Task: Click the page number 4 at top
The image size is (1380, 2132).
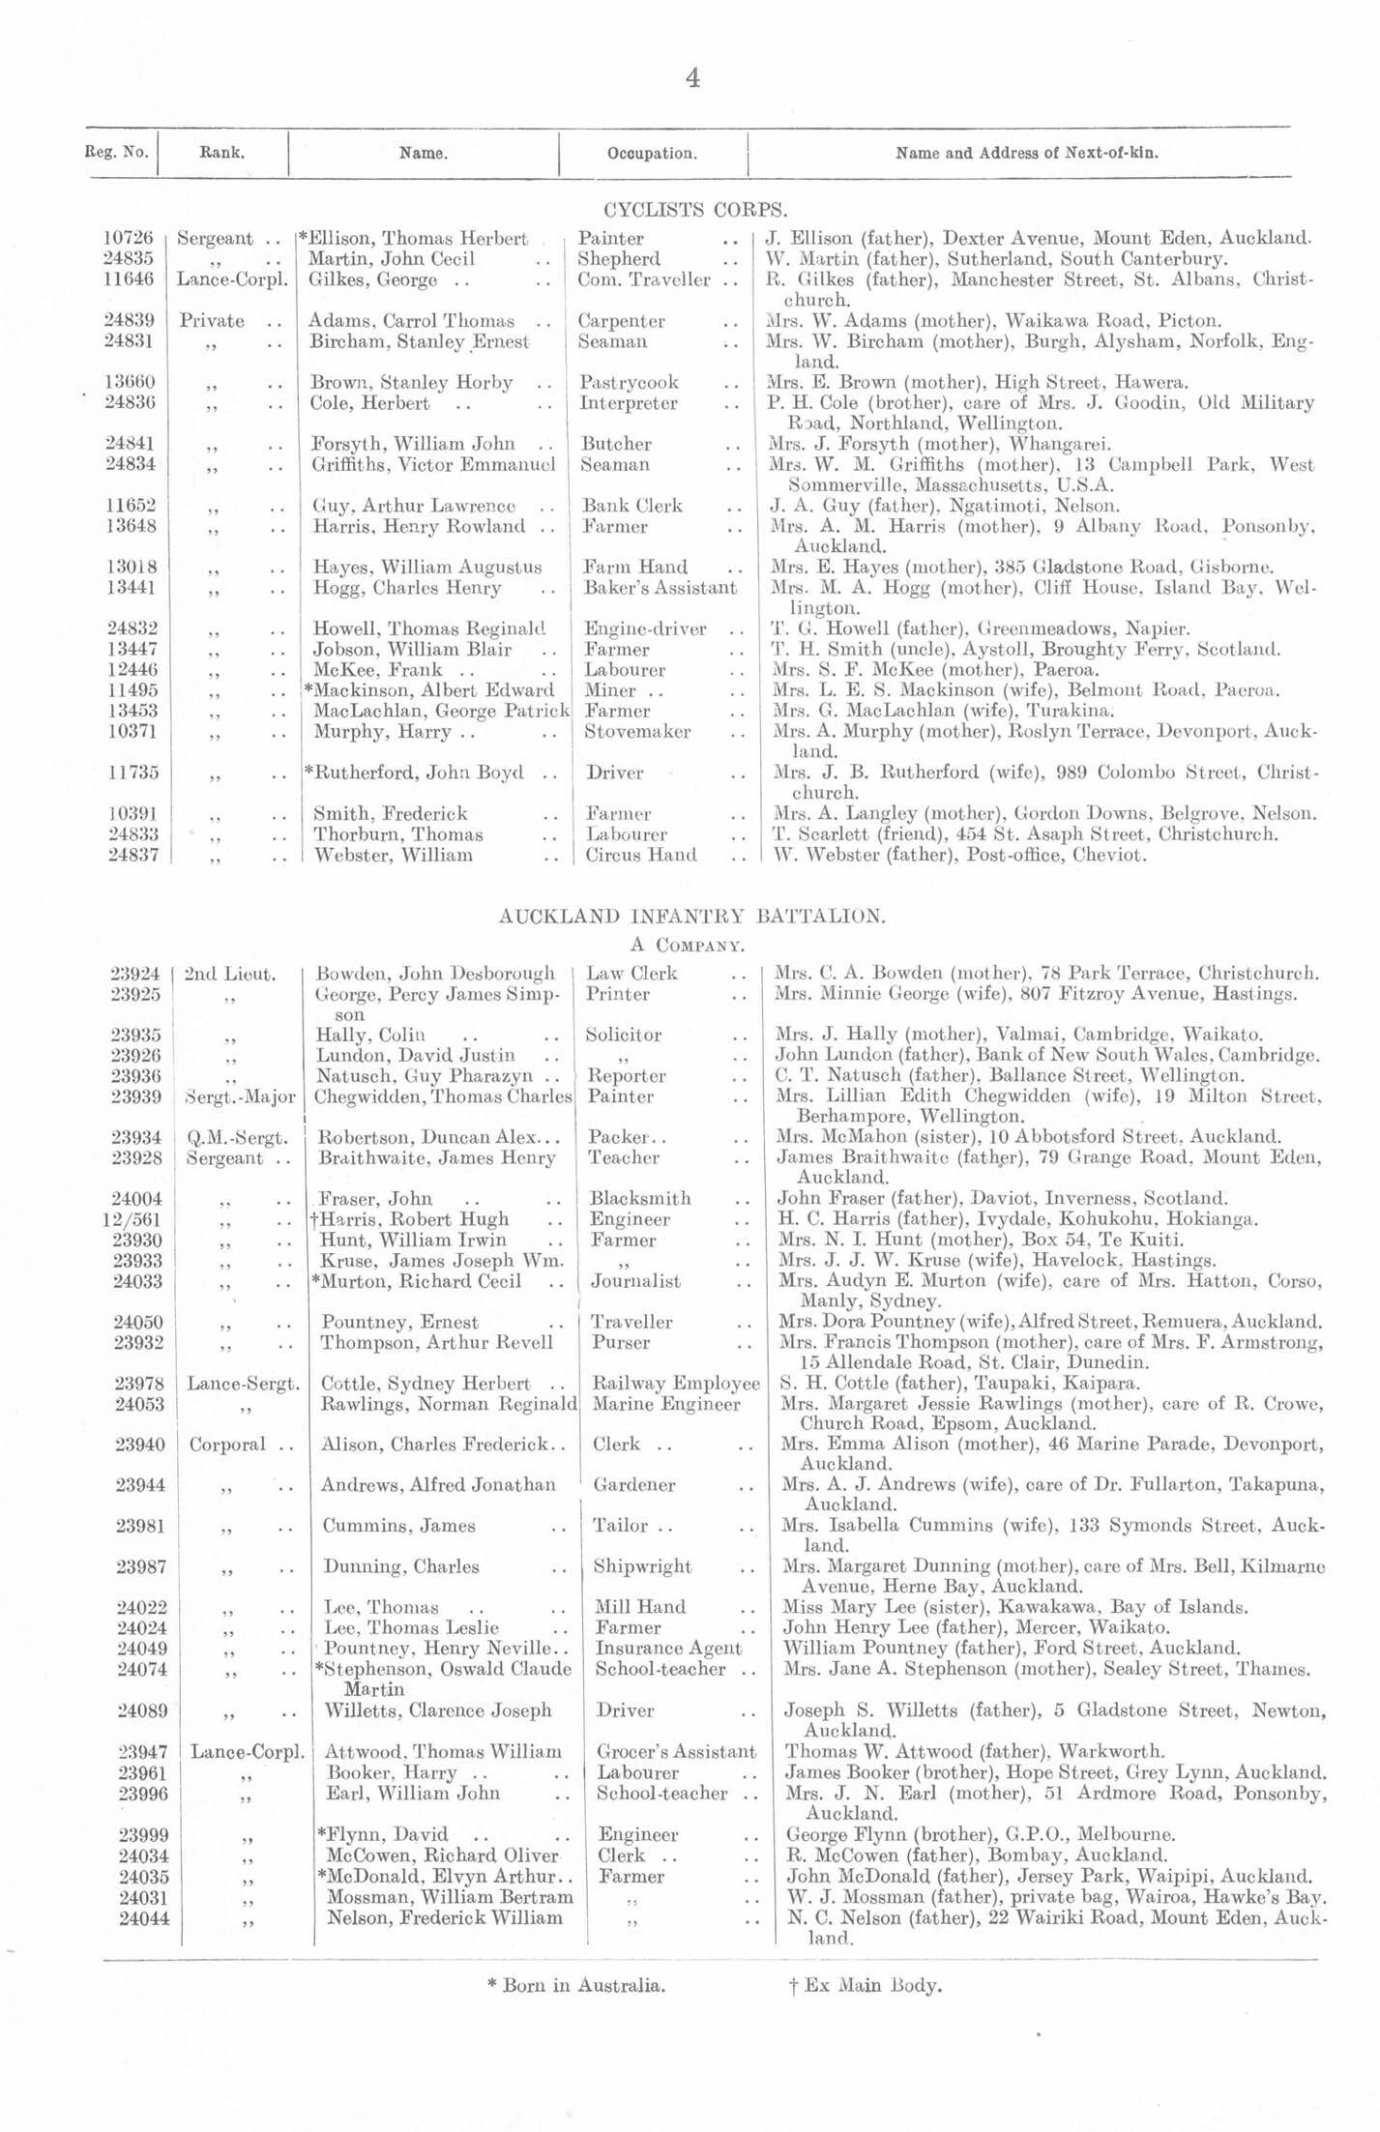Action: click(691, 77)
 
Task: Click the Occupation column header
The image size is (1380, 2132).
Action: click(652, 153)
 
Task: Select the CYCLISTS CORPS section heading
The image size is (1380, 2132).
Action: click(695, 209)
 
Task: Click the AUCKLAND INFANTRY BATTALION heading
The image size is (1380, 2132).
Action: click(691, 917)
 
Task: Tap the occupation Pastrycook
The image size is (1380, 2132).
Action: click(629, 383)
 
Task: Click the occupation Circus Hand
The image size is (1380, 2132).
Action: click(640, 855)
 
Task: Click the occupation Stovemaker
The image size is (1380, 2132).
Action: click(637, 732)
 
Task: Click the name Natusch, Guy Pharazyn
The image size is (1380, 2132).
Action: click(426, 1076)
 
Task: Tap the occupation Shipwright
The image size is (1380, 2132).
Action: click(642, 1566)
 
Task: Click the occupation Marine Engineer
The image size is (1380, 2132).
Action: click(666, 1404)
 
